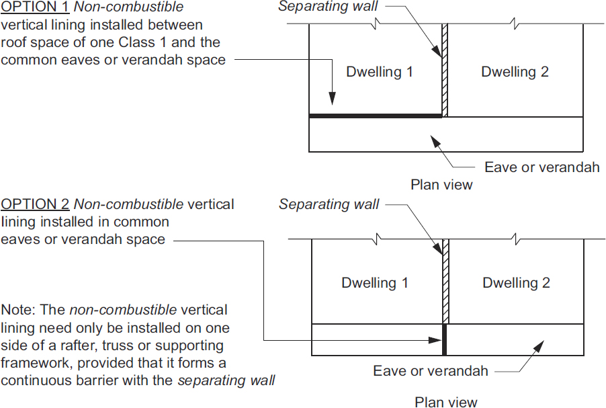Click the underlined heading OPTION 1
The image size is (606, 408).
click(35, 8)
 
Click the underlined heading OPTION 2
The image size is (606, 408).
click(35, 204)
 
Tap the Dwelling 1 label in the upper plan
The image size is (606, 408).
click(380, 72)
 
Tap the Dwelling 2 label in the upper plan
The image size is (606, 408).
click(515, 72)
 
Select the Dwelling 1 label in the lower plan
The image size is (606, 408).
click(375, 283)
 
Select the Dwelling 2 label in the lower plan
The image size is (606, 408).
click(516, 283)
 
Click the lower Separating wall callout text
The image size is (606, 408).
click(329, 204)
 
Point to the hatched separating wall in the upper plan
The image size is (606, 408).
click(445, 71)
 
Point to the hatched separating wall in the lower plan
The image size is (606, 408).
click(445, 282)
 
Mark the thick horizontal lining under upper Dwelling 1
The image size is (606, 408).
click(375, 116)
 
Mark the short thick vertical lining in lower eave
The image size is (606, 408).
click(445, 339)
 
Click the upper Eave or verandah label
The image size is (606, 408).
click(542, 167)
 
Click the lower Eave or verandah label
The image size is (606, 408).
click(431, 370)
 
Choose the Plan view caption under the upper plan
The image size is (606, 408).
click(442, 185)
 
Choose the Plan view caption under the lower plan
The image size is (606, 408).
click(446, 402)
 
